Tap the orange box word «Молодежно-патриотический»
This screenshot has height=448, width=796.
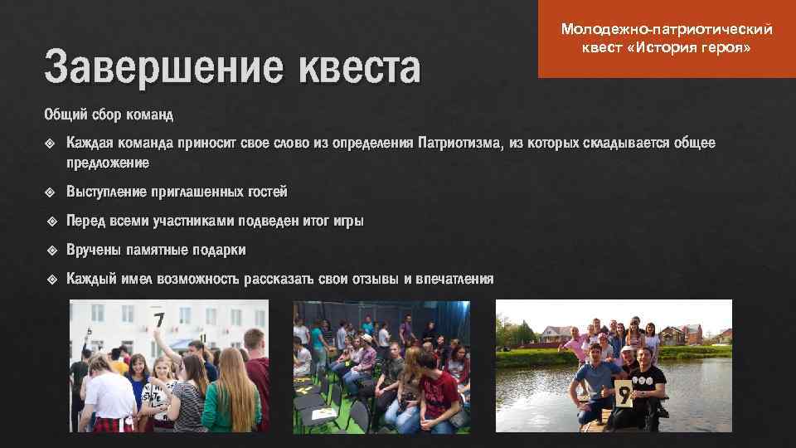[x=667, y=30]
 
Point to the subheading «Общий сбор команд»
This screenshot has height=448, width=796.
[x=109, y=113]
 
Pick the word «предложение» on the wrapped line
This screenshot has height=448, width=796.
[x=108, y=163]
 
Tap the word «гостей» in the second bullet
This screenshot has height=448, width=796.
[x=266, y=192]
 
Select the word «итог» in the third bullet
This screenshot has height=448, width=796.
[x=337, y=221]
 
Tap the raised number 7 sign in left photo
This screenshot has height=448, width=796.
[x=158, y=319]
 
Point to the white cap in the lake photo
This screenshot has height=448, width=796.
[x=646, y=352]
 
